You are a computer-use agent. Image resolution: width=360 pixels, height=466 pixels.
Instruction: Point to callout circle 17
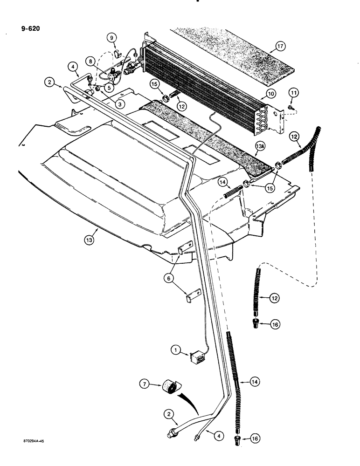click(279, 46)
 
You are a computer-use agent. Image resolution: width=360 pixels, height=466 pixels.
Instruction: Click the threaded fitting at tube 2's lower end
click(172, 432)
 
